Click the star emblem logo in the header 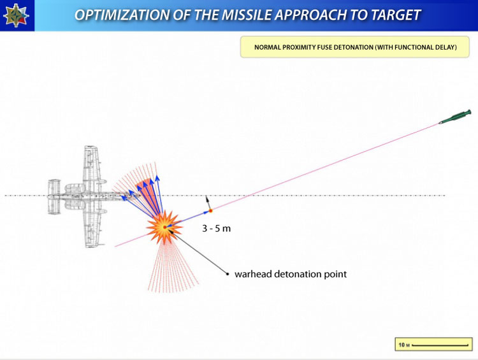coord(16,15)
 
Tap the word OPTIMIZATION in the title coord(122,15)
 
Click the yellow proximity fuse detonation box coord(355,47)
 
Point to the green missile coord(455,117)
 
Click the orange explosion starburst coord(164,227)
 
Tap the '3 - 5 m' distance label coord(217,228)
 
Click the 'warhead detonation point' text coord(291,274)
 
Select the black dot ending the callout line coord(227,274)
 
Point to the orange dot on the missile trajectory coord(210,211)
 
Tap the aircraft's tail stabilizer coord(54,197)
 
